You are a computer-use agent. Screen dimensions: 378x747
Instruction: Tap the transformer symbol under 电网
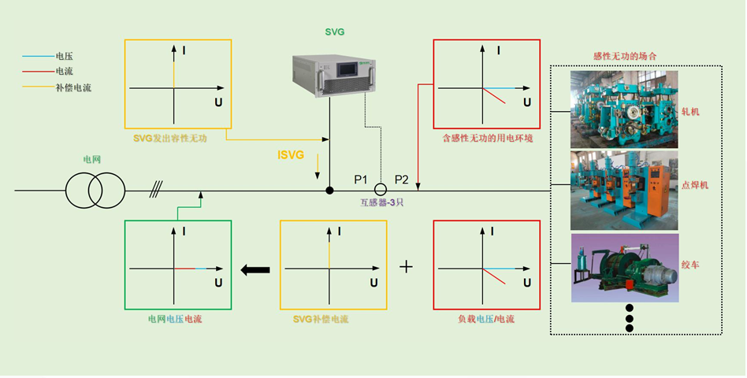(x=84, y=190)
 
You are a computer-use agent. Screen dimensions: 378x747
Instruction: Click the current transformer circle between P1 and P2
(x=380, y=190)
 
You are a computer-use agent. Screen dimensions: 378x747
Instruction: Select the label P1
(x=361, y=180)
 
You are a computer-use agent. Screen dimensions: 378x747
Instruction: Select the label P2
(x=402, y=180)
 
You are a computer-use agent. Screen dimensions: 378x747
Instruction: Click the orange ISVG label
(x=291, y=155)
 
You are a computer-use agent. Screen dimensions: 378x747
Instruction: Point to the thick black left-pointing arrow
(x=255, y=270)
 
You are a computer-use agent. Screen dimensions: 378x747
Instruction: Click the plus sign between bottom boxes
(x=406, y=267)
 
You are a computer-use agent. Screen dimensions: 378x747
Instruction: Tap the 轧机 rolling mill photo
(x=623, y=109)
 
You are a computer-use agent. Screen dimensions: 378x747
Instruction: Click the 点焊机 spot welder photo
(x=623, y=190)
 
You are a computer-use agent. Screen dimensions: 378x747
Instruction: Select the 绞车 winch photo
(x=623, y=269)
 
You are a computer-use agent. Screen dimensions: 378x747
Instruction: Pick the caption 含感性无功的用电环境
(x=488, y=139)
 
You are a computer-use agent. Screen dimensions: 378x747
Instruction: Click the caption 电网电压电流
(x=179, y=320)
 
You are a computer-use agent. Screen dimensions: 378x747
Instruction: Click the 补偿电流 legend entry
(x=73, y=87)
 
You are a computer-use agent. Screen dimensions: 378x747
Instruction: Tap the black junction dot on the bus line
(x=329, y=191)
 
